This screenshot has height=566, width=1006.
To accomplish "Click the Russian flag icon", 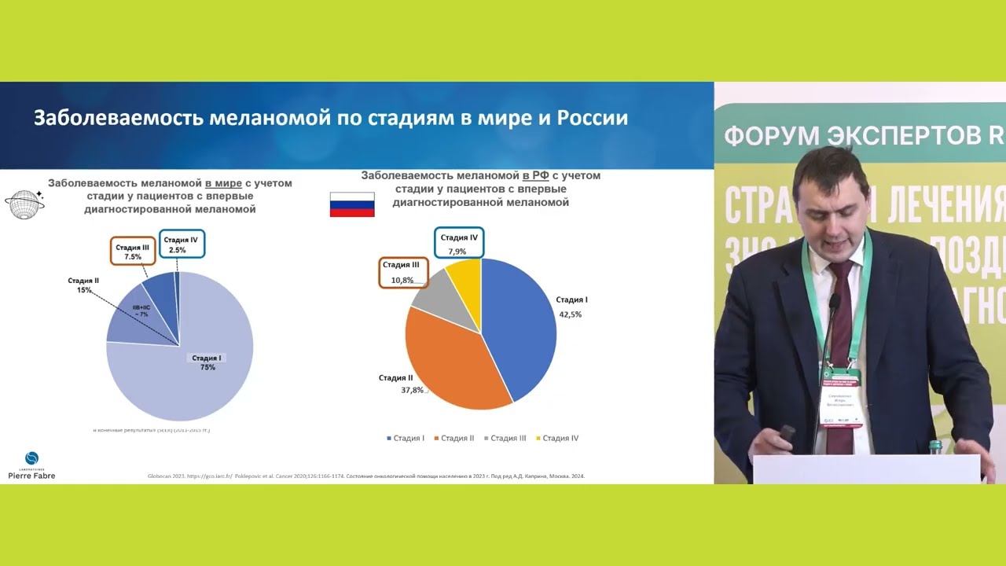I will click(x=351, y=204).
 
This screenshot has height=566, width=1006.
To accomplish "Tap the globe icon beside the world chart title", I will click(x=24, y=204).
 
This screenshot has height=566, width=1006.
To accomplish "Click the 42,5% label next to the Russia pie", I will click(x=571, y=314).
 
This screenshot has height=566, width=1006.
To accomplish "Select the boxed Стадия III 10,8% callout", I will click(x=403, y=272).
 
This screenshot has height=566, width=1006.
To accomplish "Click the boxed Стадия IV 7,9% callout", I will click(x=459, y=244).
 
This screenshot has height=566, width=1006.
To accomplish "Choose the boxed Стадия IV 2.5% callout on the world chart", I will click(x=182, y=244).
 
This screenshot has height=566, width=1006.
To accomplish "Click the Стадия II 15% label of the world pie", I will click(x=83, y=285).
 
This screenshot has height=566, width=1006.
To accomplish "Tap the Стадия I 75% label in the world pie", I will click(x=207, y=362).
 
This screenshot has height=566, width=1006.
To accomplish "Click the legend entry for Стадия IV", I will click(x=557, y=438).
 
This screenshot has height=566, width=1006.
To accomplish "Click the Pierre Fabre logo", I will click(x=31, y=465).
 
